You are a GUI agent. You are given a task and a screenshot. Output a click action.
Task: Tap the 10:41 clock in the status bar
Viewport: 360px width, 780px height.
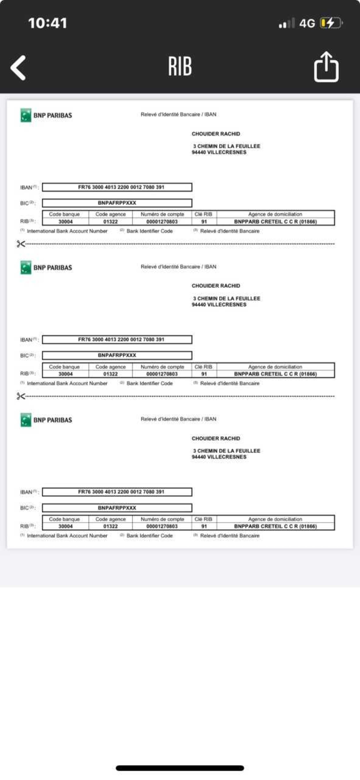point(48,23)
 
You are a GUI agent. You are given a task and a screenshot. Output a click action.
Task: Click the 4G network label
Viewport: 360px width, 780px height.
point(307,23)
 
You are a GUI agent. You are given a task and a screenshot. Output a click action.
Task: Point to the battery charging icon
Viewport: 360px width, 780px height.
point(331,23)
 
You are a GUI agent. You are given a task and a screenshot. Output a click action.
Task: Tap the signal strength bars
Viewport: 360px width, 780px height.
point(286,23)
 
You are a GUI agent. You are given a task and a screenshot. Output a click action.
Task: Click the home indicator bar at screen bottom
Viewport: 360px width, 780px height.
point(180,768)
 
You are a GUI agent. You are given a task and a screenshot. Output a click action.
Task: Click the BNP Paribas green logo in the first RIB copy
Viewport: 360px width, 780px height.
point(26,115)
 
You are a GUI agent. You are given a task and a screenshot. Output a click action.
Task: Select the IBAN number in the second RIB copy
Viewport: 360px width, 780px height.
point(121,339)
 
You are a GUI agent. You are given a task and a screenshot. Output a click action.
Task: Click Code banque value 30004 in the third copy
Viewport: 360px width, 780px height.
point(65,526)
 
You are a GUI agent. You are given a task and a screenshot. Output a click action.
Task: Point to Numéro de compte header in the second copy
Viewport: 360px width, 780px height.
point(162,367)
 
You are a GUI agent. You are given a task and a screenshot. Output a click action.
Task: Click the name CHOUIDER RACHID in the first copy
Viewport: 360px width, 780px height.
point(216,134)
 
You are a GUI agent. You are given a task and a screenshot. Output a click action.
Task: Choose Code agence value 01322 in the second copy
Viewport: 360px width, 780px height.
point(111,374)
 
